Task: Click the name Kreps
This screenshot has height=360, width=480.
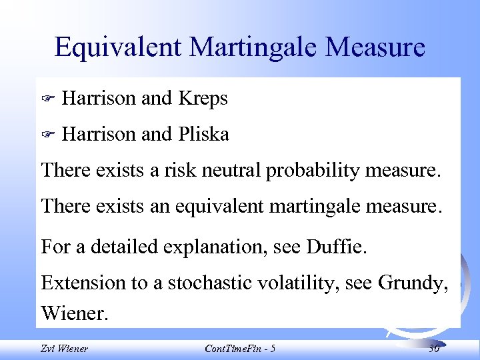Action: (x=203, y=99)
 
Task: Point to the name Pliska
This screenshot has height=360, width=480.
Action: (x=203, y=135)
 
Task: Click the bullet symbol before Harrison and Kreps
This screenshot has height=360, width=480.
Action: (x=47, y=99)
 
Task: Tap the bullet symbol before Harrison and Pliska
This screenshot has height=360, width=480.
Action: (x=47, y=135)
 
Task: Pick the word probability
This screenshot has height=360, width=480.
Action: (x=313, y=171)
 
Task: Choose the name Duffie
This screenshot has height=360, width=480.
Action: (x=339, y=247)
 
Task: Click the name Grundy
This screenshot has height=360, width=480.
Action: (x=412, y=283)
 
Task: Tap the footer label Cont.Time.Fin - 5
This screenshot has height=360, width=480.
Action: (x=241, y=348)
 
